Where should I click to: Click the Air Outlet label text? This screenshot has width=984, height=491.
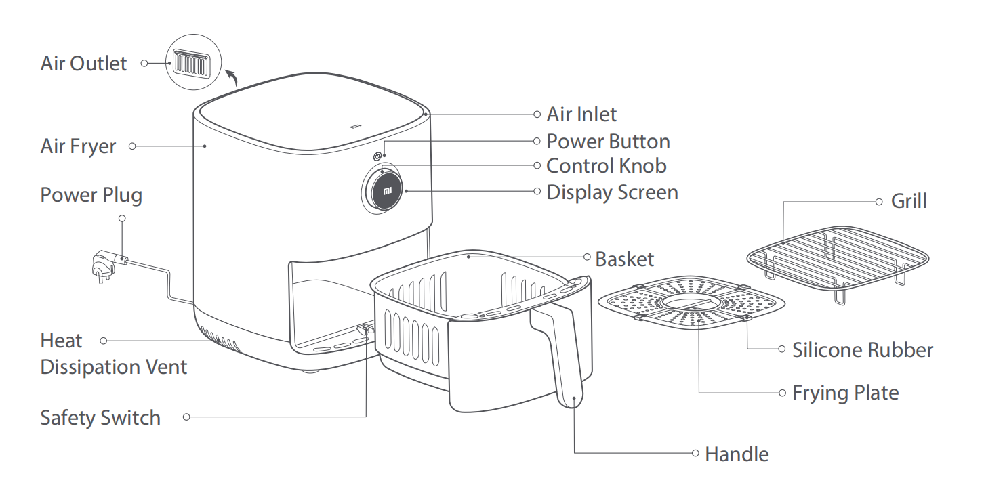pos(83,64)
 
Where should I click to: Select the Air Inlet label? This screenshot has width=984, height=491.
pos(581,114)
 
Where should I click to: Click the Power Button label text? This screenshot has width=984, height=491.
pos(608,142)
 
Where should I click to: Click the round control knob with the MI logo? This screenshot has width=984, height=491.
pos(384,190)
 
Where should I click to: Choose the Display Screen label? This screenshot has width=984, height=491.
pos(612,192)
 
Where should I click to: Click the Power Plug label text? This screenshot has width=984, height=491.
pos(91,195)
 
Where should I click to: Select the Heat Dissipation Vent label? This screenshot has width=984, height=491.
pos(113,354)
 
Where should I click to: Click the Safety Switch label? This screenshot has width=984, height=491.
pos(100,417)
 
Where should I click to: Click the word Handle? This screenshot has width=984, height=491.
pos(737,454)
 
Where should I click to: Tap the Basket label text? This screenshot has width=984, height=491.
pos(625,259)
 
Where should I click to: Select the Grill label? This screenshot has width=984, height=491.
pos(909,201)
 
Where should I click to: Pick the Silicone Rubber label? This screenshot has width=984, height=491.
pos(863,350)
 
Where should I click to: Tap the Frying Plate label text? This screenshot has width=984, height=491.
pos(845,393)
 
